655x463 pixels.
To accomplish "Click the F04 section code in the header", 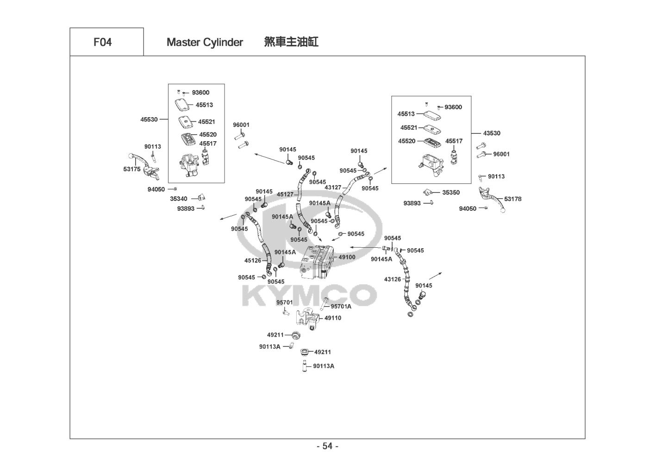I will pos(102,42).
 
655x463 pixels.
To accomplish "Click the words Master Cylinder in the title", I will pos(205,42).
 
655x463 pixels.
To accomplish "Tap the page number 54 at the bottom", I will pos(327,446).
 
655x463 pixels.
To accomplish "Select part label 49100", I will pos(347,257).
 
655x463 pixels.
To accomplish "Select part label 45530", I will pos(149,119).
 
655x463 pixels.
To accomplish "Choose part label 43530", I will pos(492,133).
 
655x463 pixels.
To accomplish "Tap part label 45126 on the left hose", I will pos(253,261).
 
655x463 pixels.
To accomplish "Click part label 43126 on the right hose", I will pos(393,279).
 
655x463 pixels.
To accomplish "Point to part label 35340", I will pos(178,199).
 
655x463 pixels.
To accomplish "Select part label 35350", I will pos(451,193).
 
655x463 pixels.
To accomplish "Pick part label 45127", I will pos(285,194).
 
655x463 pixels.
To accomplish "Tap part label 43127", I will pos(333,188).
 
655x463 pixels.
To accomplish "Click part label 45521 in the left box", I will pos(206,122).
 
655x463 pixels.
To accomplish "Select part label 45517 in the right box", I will pos(454,141).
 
